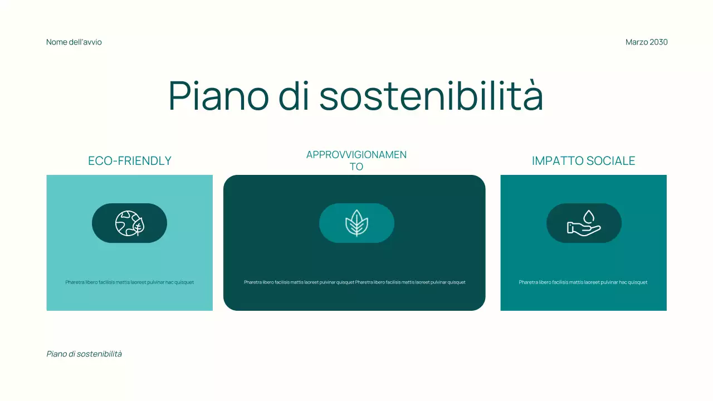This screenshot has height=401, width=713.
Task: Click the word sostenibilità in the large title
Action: point(431,96)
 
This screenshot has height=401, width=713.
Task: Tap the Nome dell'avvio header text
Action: point(74,42)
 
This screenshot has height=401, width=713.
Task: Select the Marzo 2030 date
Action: point(646,42)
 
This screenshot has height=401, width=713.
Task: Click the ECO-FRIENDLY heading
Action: point(130,161)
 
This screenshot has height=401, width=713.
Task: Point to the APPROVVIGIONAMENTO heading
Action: point(356,160)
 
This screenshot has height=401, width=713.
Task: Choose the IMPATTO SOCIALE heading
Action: point(583,161)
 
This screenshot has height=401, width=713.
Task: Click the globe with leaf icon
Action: point(130,223)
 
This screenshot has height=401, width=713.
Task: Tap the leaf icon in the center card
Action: point(356,223)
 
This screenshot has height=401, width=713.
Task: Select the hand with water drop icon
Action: point(584,223)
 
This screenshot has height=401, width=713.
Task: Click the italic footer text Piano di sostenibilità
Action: point(84,354)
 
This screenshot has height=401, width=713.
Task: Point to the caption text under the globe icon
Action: point(130,282)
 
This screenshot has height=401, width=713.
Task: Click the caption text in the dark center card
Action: point(355,282)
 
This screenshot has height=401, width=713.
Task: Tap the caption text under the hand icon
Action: point(583,282)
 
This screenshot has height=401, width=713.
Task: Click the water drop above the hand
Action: point(589,216)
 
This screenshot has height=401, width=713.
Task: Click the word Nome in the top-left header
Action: point(56,42)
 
